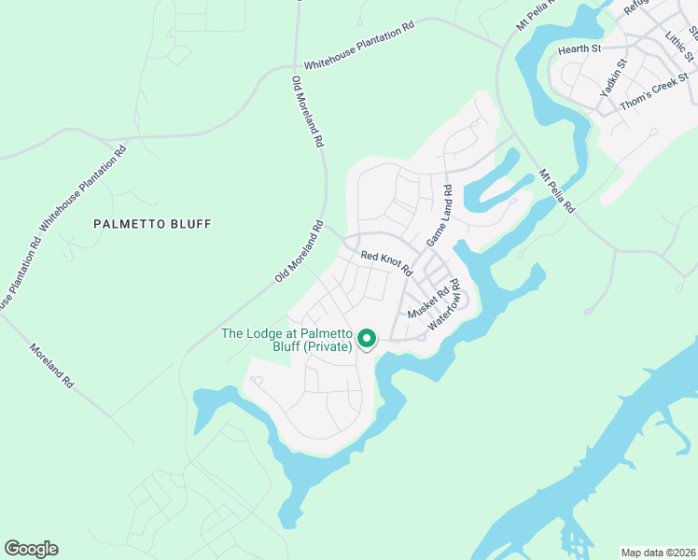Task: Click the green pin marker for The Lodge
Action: pos(367,339)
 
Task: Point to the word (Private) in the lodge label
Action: pos(326,347)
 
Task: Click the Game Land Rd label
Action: pos(440,216)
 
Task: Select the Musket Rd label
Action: pos(428,301)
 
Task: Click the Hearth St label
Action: pos(579,48)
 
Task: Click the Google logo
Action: pos(31,549)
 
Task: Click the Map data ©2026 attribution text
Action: pos(658,552)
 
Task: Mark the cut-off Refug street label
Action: pos(635,7)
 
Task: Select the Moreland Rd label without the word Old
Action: pos(50,365)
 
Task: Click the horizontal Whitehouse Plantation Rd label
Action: pos(358,43)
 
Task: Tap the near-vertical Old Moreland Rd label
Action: pos(307,112)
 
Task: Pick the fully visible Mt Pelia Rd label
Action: pos(556,191)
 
